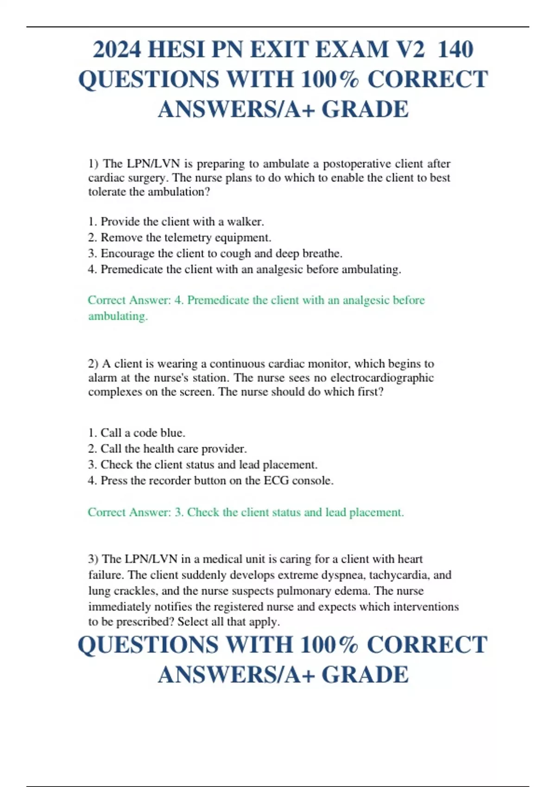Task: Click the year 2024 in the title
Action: point(117,50)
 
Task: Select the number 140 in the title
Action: point(455,50)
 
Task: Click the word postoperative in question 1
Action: point(357,164)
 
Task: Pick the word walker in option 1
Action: point(245,222)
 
